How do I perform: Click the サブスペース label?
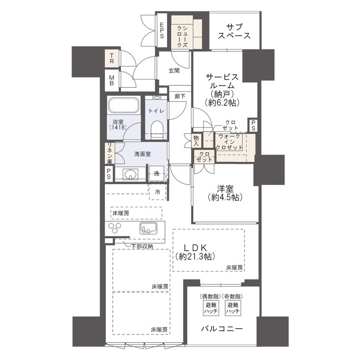click(x=235, y=30)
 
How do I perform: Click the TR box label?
click(x=112, y=58)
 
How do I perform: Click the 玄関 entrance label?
click(x=174, y=71)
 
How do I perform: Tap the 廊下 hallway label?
click(x=180, y=96)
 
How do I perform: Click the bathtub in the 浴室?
click(x=124, y=106)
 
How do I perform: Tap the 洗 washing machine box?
click(x=156, y=174)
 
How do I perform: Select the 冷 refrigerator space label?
click(x=157, y=192)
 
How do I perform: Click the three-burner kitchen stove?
click(x=116, y=228)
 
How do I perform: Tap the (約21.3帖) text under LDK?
click(x=194, y=257)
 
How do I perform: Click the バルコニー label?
click(x=222, y=329)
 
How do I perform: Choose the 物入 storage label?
click(x=197, y=140)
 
